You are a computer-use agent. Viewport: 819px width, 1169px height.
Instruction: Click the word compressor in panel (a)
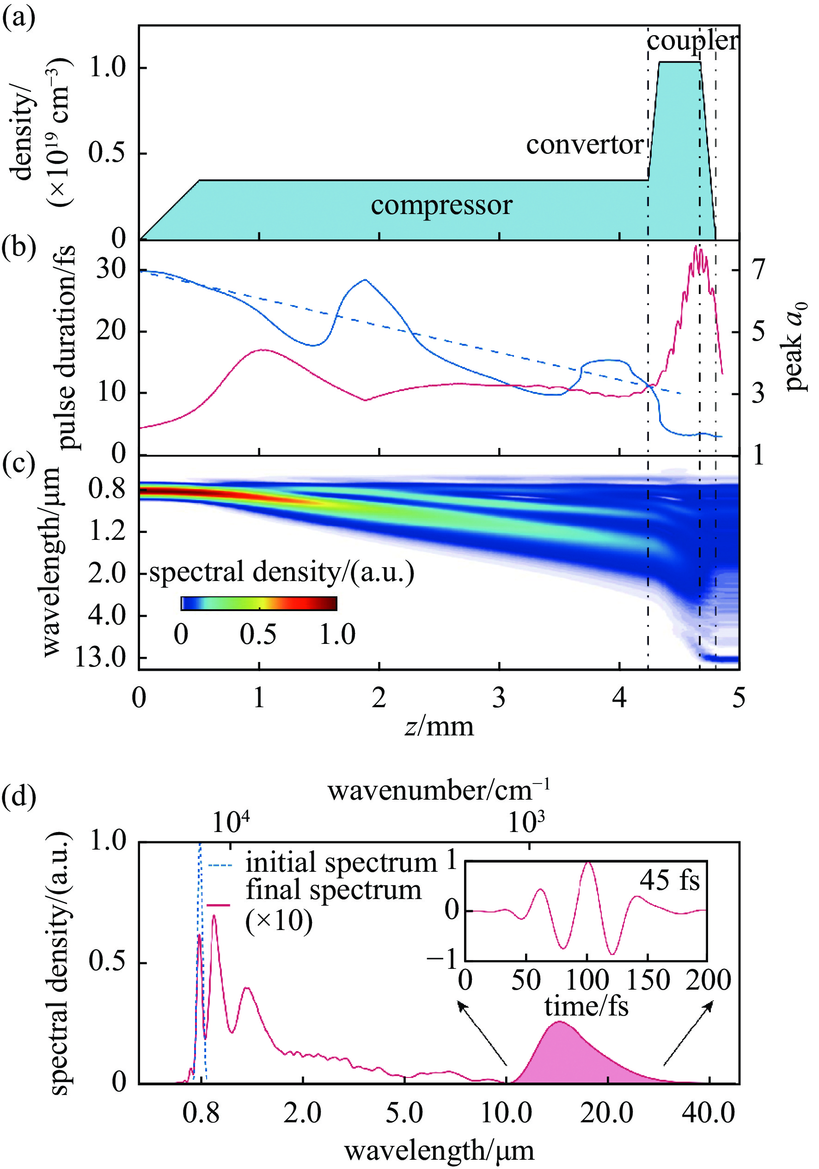(x=441, y=206)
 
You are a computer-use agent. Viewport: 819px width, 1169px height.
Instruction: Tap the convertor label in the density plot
(x=585, y=145)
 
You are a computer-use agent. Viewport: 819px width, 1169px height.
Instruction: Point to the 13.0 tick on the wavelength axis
(x=100, y=658)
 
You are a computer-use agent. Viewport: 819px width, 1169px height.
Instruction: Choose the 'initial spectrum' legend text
(x=341, y=863)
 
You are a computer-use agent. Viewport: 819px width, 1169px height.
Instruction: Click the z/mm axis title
(x=439, y=726)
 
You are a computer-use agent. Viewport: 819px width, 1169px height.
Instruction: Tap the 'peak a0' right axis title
(x=795, y=346)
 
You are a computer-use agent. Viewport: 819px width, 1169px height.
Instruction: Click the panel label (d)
(x=19, y=797)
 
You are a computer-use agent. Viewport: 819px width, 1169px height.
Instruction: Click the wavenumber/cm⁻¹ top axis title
(x=438, y=791)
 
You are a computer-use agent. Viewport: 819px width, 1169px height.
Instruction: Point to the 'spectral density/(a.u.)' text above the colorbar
(x=281, y=572)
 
